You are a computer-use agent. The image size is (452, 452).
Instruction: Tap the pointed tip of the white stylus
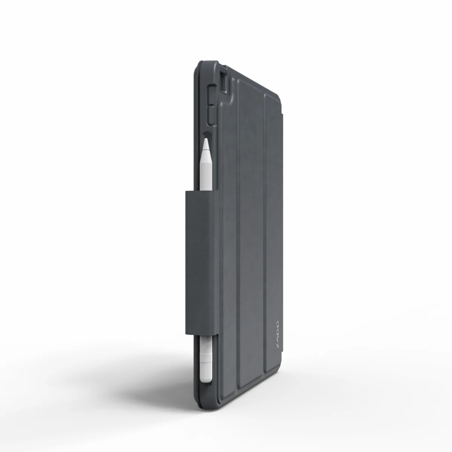click(206, 139)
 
